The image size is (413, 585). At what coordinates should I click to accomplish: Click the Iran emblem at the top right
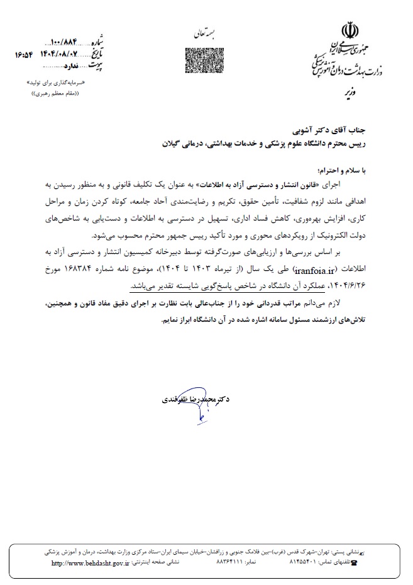[x=349, y=30]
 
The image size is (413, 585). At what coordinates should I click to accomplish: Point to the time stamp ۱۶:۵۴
[x=24, y=55]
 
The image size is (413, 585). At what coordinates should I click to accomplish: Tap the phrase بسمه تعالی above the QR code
[x=202, y=31]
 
